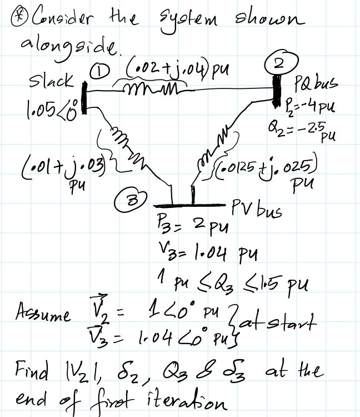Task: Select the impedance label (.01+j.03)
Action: [48, 167]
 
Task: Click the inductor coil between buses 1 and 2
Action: [149, 89]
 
